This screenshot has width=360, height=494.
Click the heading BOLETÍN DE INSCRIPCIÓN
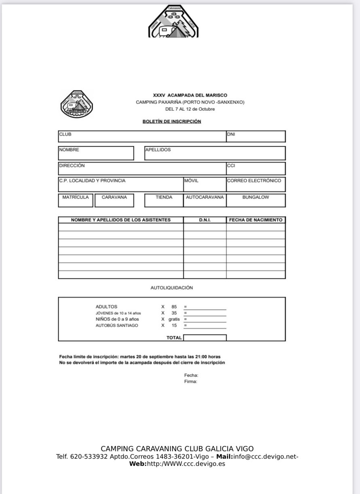pos(172,121)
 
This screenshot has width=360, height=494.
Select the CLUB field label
pos(65,134)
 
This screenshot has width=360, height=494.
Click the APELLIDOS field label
pos(158,150)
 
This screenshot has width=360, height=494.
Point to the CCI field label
pos(231,165)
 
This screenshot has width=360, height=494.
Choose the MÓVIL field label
pos(191,181)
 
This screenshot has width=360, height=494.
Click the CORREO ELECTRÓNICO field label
pos(254,181)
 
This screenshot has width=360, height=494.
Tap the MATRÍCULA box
pos(76,200)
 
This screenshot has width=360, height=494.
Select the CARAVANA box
pos(114,200)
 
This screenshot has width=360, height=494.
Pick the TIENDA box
pos(164,200)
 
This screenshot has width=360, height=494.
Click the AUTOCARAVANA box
pos(205,200)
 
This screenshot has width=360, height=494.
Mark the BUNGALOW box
pos(256,200)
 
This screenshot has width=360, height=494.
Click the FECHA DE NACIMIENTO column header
pos(256,220)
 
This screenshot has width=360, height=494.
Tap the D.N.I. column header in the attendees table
pos(205,220)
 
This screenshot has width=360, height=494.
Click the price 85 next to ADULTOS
pos(174,307)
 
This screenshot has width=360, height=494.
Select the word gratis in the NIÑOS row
pos(174,319)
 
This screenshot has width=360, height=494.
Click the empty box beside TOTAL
pos(205,338)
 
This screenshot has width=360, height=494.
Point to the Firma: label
pos(191,382)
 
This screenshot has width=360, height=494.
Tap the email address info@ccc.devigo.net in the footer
pos(266,457)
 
